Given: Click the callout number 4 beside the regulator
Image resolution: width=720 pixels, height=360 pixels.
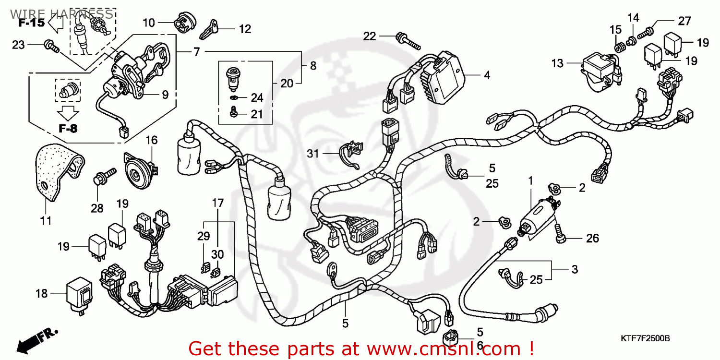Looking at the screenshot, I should tap(486, 75).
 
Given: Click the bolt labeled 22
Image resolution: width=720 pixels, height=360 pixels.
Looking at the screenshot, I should tap(407, 40).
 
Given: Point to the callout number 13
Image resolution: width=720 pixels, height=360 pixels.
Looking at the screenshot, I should tap(557, 63).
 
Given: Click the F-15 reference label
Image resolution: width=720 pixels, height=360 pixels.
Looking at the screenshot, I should tap(32, 23).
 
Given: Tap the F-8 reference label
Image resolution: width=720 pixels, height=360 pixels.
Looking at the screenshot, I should tap(68, 129).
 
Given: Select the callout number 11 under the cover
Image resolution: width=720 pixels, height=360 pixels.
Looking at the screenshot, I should tap(46, 221).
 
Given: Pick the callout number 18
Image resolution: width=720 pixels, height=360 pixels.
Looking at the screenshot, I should tap(42, 293).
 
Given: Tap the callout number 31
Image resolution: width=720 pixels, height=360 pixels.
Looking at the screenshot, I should tap(313, 154).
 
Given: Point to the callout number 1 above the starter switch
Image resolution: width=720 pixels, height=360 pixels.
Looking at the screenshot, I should tap(531, 181).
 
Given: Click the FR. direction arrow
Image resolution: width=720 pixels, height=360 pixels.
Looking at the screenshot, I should tap(36, 339).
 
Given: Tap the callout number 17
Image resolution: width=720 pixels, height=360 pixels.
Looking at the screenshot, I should tap(218, 203).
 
